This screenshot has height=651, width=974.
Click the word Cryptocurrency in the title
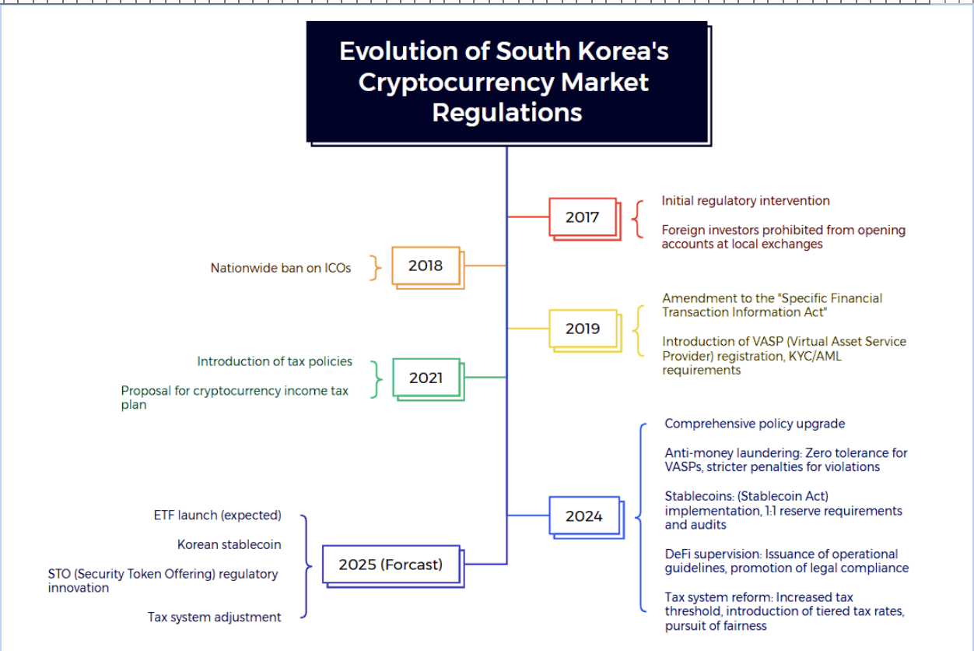pos(456,83)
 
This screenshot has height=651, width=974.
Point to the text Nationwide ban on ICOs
pos(281,268)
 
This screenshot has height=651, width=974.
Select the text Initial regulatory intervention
pos(745,201)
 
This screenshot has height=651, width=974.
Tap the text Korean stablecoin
pos(229,544)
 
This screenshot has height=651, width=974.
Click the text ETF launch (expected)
pos(217,516)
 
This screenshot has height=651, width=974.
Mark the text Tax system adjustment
pos(215,617)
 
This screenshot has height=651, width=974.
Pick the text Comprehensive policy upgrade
pos(755,424)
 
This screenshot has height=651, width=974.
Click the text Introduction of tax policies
pos(275,361)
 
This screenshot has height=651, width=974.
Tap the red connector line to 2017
pos(528,216)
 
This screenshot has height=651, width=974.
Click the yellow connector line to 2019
pos(528,328)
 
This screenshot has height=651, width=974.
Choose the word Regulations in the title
pos(507,113)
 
